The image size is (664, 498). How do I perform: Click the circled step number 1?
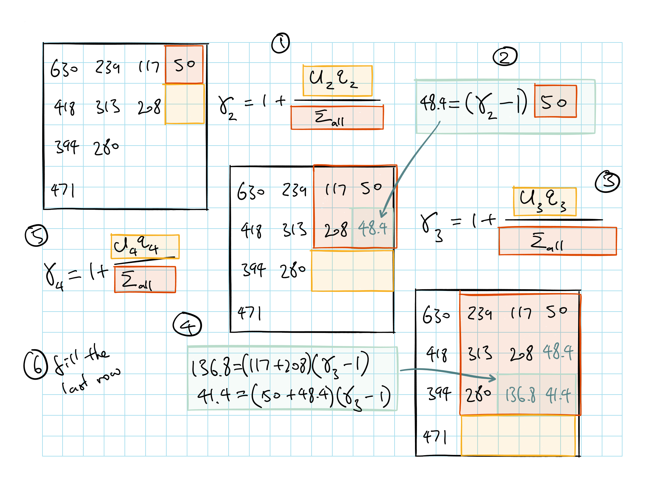click(280, 43)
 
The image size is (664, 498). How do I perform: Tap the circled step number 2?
click(505, 57)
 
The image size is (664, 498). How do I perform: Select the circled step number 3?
click(607, 182)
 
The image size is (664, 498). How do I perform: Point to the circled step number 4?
click(187, 325)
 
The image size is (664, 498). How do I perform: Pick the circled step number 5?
click(36, 236)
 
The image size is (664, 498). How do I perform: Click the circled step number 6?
click(35, 364)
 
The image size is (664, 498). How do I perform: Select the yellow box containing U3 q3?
click(545, 202)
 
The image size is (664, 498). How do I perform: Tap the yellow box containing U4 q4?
click(145, 247)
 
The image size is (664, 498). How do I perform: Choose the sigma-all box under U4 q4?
click(145, 279)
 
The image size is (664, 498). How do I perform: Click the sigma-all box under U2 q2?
click(337, 117)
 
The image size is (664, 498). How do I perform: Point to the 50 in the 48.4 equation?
click(555, 101)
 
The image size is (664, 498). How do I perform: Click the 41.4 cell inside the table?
click(558, 395)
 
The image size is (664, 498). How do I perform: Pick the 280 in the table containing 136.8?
click(478, 395)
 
